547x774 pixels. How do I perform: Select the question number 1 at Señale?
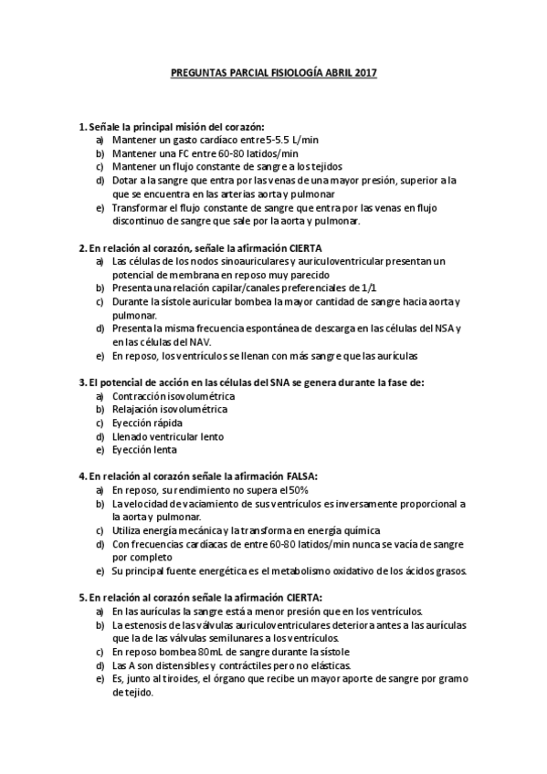click(x=82, y=126)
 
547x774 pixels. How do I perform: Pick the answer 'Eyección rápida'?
click(x=146, y=423)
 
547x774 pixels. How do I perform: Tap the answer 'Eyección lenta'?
click(x=144, y=450)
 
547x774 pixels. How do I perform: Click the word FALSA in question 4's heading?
click(x=301, y=476)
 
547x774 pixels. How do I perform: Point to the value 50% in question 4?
click(x=269, y=490)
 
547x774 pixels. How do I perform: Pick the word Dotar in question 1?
click(x=127, y=181)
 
